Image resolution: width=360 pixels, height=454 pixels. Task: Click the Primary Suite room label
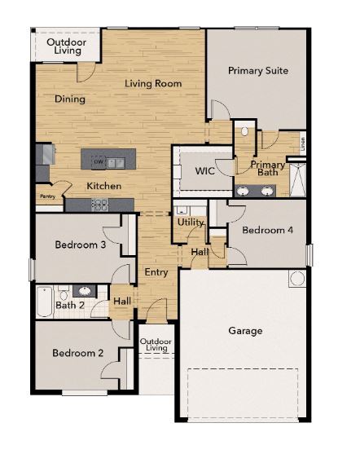[257, 71]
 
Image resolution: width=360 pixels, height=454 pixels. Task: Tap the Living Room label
[153, 84]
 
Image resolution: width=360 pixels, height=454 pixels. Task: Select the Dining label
[70, 99]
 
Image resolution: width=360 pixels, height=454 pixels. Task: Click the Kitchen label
[104, 186]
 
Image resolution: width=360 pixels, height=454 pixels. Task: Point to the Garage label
[245, 331]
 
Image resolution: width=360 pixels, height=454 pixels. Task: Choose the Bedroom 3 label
[81, 245]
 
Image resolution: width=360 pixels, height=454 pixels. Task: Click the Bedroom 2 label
[77, 354]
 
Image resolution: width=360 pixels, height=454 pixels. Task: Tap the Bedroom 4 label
[268, 231]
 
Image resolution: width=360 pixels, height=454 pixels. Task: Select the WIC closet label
[205, 172]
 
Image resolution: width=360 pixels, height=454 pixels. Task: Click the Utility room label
[190, 222]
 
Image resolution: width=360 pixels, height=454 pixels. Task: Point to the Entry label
[156, 271]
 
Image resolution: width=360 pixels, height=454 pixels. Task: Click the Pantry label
[47, 196]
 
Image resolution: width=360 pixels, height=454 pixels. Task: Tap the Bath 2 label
[70, 306]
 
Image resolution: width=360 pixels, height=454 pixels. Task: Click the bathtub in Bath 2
[45, 302]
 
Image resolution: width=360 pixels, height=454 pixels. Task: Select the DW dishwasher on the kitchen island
[99, 162]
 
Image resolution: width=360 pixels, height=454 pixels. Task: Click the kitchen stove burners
[100, 205]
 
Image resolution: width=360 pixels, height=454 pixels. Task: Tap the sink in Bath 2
[84, 290]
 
